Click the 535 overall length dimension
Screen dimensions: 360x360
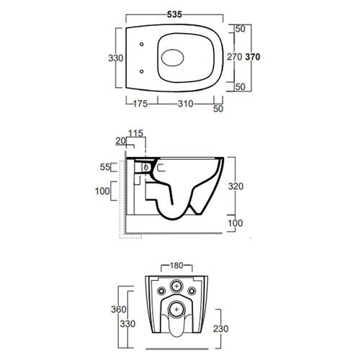(x=174, y=14)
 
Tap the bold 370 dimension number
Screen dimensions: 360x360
(x=253, y=57)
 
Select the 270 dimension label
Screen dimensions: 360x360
(x=235, y=57)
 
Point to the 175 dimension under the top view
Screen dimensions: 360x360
(x=140, y=104)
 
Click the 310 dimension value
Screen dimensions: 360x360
(x=186, y=104)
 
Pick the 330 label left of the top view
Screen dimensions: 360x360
(x=116, y=58)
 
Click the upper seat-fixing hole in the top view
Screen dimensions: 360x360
(x=142, y=44)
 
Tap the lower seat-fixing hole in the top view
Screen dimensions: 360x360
(x=142, y=71)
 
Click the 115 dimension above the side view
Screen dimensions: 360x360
(x=135, y=133)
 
